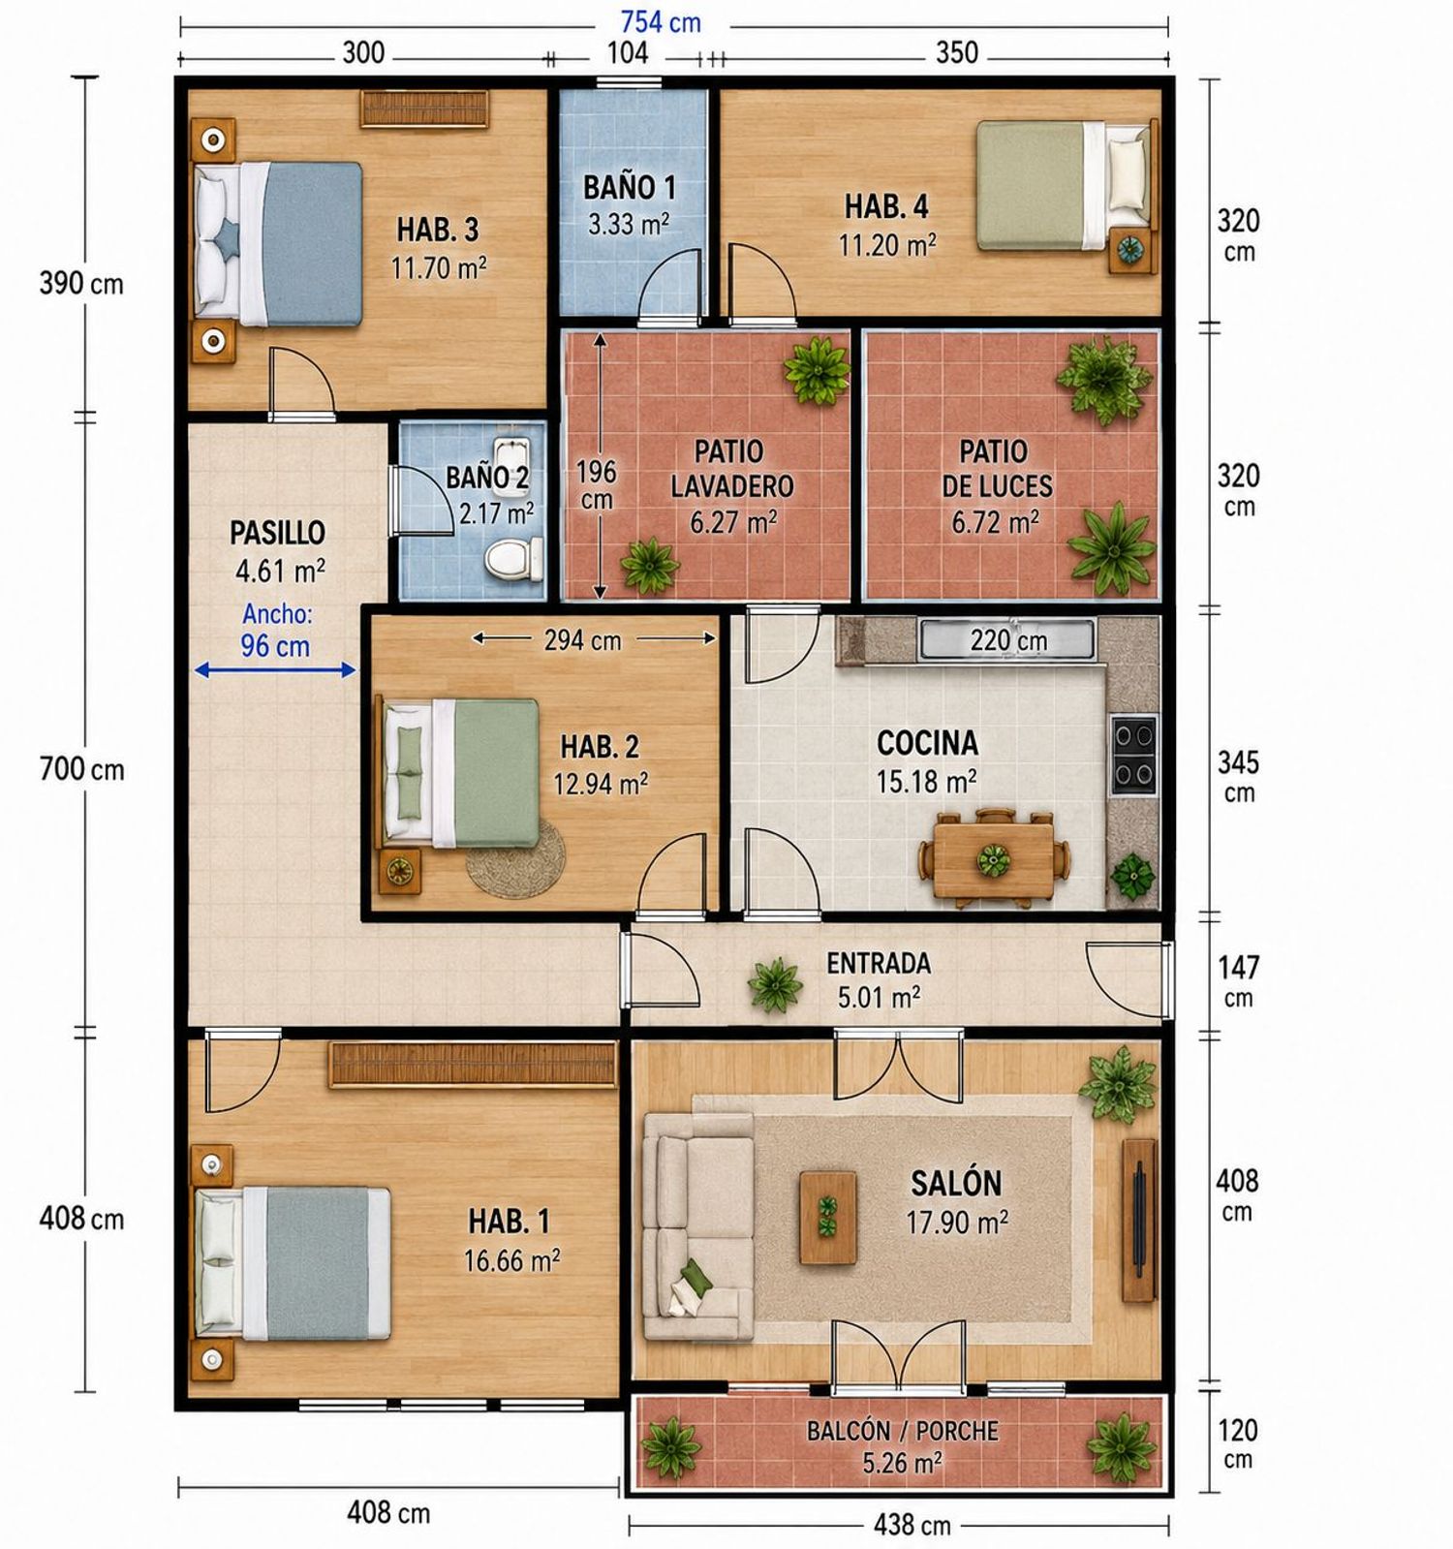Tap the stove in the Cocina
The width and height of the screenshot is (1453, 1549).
1133,754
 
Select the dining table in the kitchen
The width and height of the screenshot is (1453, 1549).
995,859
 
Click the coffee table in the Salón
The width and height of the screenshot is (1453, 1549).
828,1217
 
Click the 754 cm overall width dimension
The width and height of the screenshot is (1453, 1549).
661,22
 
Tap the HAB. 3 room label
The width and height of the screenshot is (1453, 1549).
438,231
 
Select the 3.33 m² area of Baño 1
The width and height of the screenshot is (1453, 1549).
629,225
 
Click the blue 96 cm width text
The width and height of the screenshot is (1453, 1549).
275,646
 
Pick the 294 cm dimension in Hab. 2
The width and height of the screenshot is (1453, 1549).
582,640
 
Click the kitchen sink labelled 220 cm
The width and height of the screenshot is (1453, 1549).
1007,640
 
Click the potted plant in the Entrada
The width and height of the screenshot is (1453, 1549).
775,984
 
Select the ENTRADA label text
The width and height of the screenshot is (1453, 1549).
879,963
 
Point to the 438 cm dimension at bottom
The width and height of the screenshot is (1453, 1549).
912,1526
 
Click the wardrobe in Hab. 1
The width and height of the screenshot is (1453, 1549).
473,1065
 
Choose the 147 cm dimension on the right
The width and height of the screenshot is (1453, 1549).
1239,981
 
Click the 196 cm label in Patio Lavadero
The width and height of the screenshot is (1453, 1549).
597,484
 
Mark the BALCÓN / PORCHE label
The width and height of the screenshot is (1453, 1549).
902,1431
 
